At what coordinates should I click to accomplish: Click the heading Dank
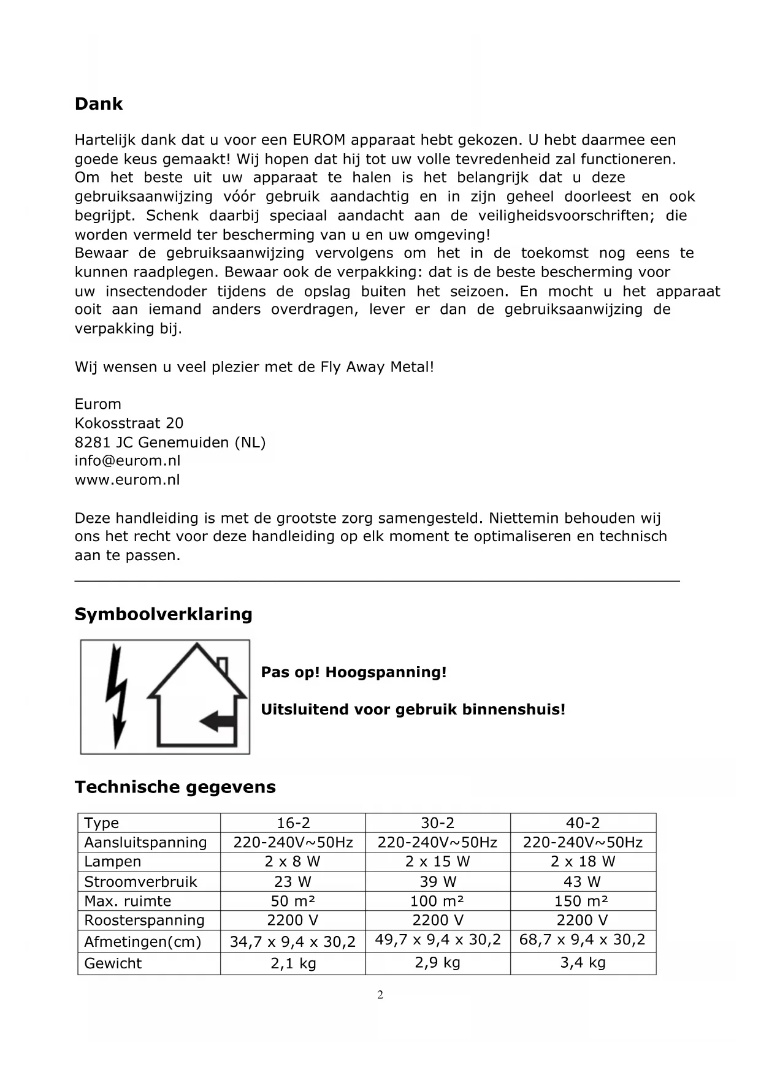pyautogui.click(x=99, y=104)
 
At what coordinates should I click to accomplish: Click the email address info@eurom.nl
pyautogui.click(x=128, y=461)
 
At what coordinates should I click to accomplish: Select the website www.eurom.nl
pyautogui.click(x=128, y=480)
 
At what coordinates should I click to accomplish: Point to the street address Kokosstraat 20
pyautogui.click(x=129, y=423)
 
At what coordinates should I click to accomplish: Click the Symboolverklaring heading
pyautogui.click(x=163, y=614)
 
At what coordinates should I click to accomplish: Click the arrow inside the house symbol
pyautogui.click(x=216, y=721)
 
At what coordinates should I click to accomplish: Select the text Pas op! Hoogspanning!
pyautogui.click(x=354, y=672)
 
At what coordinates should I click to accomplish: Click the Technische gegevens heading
pyautogui.click(x=175, y=787)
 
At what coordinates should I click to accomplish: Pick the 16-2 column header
pyautogui.click(x=293, y=823)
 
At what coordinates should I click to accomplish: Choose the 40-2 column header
pyautogui.click(x=583, y=823)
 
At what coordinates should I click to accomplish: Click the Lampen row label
pyautogui.click(x=113, y=862)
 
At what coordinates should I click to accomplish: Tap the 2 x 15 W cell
pyautogui.click(x=437, y=862)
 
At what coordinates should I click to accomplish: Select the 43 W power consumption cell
pyautogui.click(x=583, y=882)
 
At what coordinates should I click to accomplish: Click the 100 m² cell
pyautogui.click(x=437, y=902)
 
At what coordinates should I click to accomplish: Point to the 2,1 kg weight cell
pyautogui.click(x=293, y=963)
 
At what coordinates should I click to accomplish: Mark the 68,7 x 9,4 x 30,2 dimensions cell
pyautogui.click(x=583, y=940)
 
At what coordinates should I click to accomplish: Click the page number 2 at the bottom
pyautogui.click(x=380, y=995)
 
